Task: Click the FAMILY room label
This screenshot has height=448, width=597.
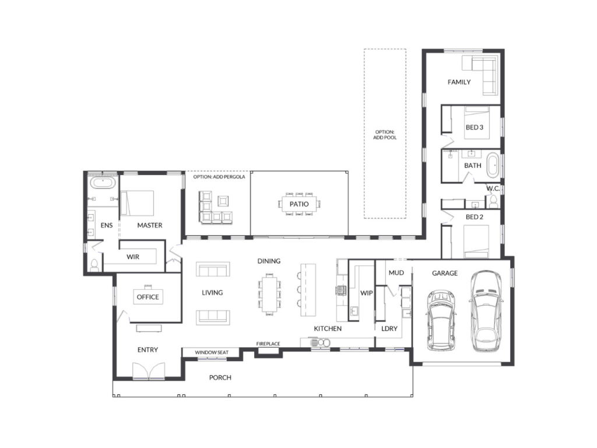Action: [459, 82]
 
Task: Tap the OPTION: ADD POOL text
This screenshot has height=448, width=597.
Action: [385, 135]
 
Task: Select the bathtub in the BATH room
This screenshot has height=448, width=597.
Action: [493, 165]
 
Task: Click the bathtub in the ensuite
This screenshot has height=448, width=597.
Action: [103, 183]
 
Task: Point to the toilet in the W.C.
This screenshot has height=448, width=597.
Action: [493, 201]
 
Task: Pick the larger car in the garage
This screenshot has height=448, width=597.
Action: [486, 311]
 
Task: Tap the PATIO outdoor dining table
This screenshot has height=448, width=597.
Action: [299, 204]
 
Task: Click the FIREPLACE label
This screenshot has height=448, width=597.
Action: [268, 344]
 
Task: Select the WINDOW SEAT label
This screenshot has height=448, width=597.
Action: [212, 352]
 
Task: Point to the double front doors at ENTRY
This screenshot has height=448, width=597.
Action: [149, 370]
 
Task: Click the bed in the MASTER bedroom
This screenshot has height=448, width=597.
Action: [137, 203]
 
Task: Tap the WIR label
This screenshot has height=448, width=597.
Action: [133, 257]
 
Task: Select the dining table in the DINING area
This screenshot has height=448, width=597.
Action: [269, 295]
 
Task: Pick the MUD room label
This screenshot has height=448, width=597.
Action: [396, 273]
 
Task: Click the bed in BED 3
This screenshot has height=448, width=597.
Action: [477, 123]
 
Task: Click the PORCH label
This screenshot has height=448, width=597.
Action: [220, 377]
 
